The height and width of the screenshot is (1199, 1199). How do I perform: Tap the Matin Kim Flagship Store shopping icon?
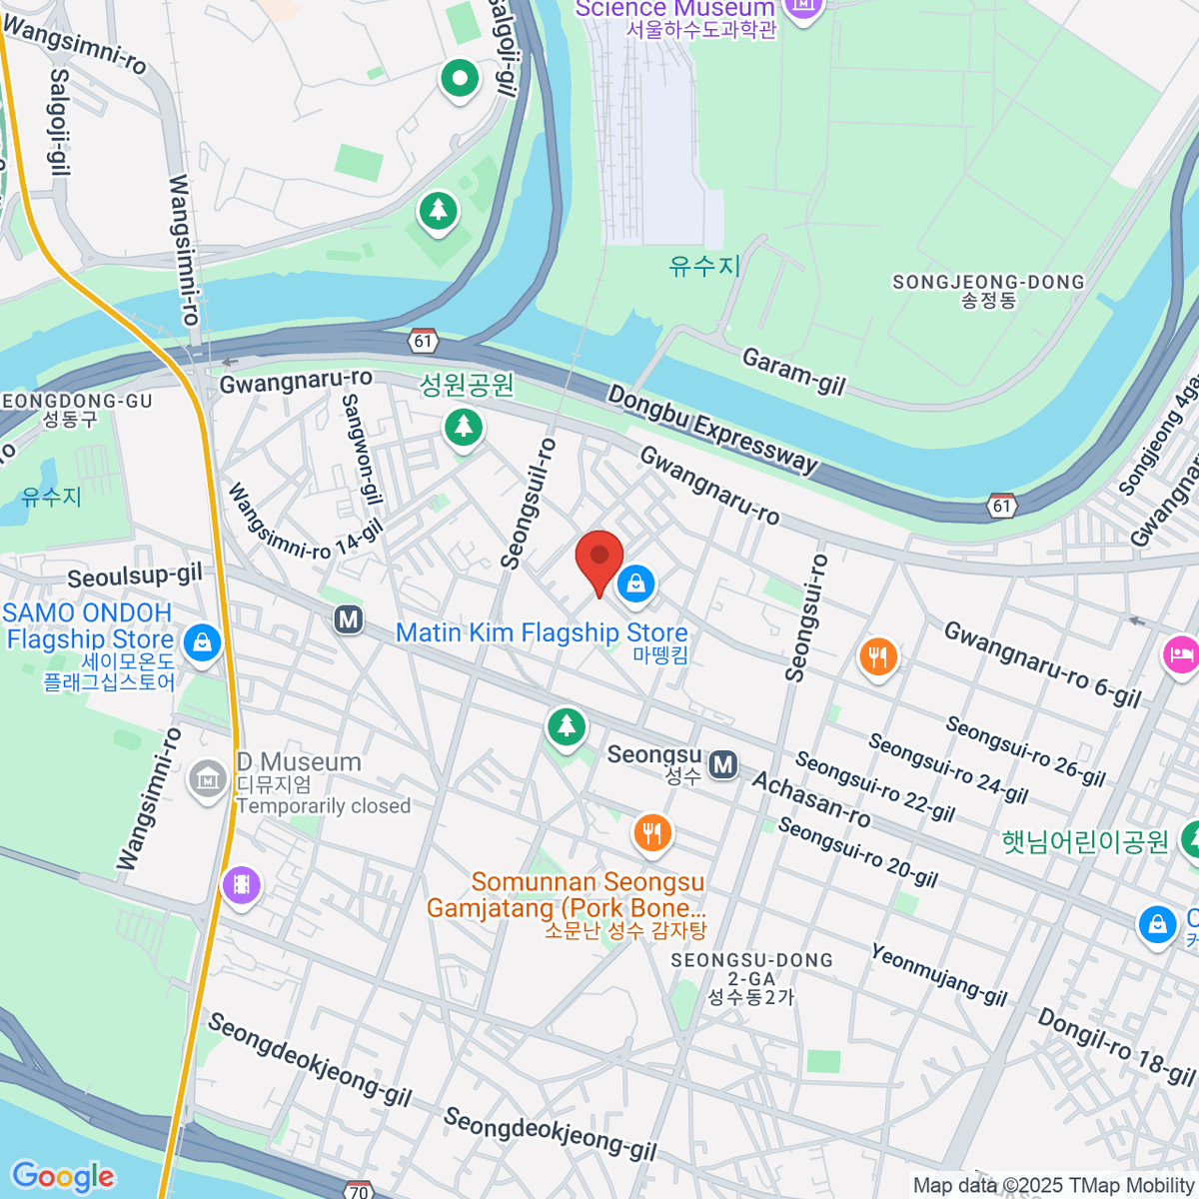click(635, 584)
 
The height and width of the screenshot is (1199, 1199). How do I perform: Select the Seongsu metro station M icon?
click(723, 765)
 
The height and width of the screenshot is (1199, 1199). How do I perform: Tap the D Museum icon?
click(208, 778)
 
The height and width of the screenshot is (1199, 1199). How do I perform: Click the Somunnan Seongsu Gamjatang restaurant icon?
click(652, 831)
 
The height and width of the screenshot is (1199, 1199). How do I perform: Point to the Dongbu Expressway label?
click(713, 429)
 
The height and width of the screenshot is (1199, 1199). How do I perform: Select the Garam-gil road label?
click(793, 372)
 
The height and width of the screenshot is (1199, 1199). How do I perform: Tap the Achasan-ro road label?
click(811, 799)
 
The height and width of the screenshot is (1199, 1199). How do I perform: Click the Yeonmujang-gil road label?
click(938, 974)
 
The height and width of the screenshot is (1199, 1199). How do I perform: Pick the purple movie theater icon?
click(241, 884)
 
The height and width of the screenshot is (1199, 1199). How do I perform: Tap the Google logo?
click(63, 1176)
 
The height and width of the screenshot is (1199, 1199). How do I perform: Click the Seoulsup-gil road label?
click(135, 577)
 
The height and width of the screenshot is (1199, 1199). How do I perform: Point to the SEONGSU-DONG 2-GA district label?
click(751, 978)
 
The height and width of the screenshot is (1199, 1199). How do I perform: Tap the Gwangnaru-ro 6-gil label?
click(1042, 663)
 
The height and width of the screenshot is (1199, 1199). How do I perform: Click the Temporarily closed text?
click(324, 806)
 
